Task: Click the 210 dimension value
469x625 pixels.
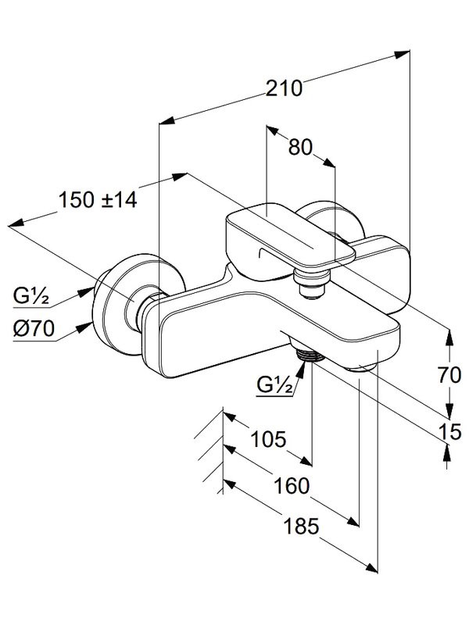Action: click(x=283, y=88)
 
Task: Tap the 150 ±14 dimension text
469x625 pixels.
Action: click(x=98, y=199)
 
